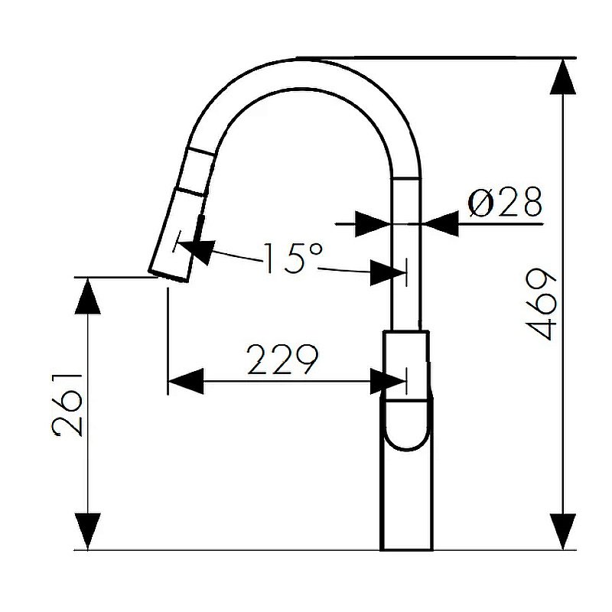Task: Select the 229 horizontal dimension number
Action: coord(281,360)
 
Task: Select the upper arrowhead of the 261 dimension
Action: coord(89,295)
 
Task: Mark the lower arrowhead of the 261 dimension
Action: coord(89,532)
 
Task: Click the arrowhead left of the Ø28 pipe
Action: coord(374,224)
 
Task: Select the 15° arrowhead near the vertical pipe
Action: coord(386,272)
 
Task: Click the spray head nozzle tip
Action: coord(168,274)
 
